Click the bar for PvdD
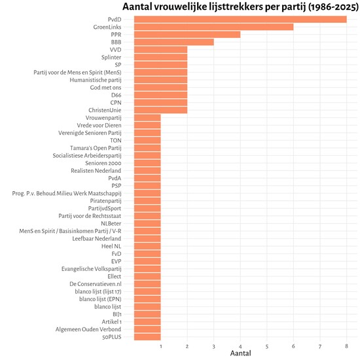(240, 19)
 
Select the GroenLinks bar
(213, 27)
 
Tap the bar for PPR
(187, 34)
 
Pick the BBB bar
(173, 42)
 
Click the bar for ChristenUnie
(160, 110)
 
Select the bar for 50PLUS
(147, 337)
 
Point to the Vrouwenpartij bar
(147, 118)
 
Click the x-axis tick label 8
(346, 346)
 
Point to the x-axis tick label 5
(267, 346)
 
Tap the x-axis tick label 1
(160, 346)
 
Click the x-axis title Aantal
(240, 353)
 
